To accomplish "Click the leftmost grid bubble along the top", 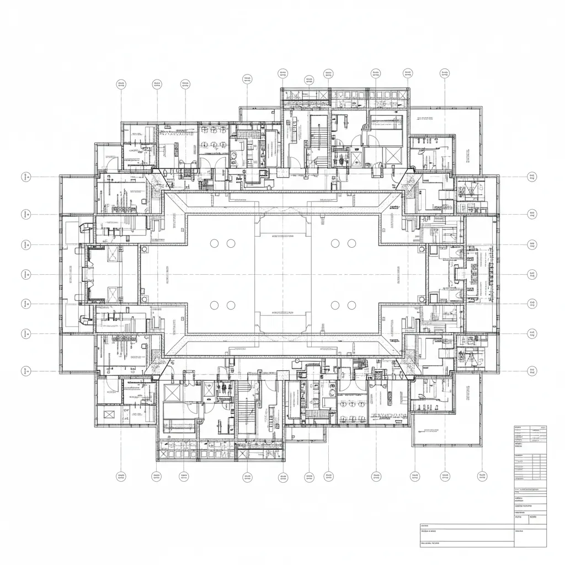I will point(121,84).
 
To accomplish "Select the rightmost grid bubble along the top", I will point(445,73).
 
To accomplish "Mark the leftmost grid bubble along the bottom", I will point(121,476).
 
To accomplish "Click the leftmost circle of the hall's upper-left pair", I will point(215,243).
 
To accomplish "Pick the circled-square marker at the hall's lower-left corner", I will point(145,299).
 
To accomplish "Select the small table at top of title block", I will point(530,434).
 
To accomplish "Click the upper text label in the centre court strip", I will point(283,235).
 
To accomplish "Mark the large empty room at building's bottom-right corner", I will point(445,430).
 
